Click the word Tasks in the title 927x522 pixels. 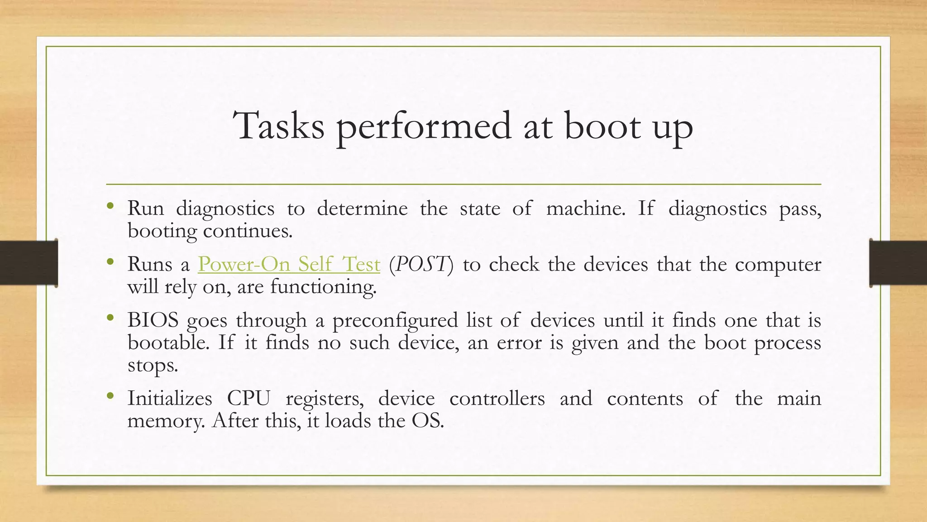tap(279, 126)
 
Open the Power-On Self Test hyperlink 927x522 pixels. tap(289, 264)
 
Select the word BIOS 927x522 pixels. tap(153, 320)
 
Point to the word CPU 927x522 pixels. tap(248, 398)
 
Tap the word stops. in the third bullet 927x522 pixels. tap(153, 365)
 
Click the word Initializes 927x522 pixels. tap(170, 398)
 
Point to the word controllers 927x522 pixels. tap(497, 398)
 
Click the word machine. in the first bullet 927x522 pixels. tap(585, 208)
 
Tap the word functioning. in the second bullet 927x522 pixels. tap(323, 287)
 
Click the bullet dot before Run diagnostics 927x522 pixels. tap(110, 207)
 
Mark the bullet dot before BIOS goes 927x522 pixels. tap(110, 318)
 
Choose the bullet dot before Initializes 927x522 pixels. tap(110, 396)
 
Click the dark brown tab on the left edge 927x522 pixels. tap(29, 263)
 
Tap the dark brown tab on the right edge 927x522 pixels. tap(898, 263)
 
